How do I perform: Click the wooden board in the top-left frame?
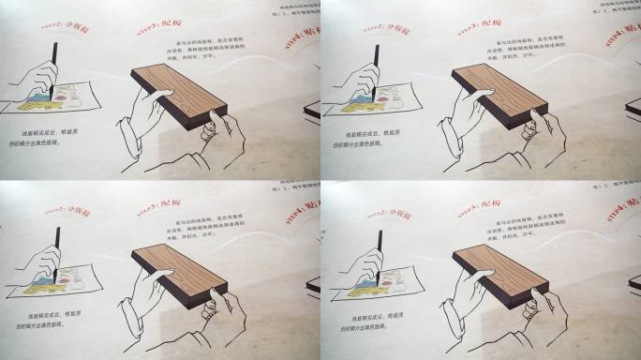(178, 94)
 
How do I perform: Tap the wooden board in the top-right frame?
(499, 94)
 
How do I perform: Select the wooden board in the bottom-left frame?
(178, 274)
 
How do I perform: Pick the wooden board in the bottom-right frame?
(499, 274)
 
